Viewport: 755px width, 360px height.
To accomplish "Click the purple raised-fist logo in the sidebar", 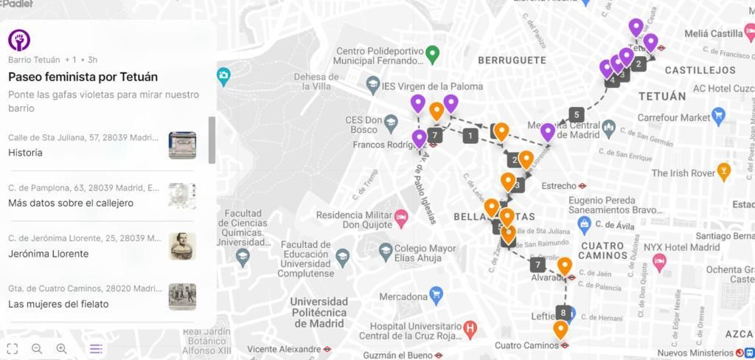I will click(19, 40).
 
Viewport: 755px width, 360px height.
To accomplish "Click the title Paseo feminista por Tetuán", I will click(83, 77).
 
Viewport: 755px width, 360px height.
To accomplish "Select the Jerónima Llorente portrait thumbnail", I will click(182, 246).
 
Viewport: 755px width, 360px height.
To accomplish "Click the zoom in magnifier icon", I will click(62, 348).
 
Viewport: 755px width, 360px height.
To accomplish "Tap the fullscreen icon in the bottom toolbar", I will click(12, 348).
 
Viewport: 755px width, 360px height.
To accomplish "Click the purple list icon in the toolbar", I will click(96, 348).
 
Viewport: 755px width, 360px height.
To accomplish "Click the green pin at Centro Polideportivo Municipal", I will click(434, 53).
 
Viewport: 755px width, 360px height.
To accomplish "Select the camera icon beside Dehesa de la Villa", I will click(223, 75).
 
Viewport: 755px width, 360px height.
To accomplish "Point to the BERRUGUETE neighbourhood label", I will click(512, 60).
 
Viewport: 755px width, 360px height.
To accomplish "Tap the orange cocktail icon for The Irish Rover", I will click(724, 171).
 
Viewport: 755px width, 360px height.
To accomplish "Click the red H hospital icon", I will click(469, 327).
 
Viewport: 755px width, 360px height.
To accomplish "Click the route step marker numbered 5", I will click(577, 114).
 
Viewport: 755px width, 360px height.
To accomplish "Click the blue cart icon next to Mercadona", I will click(436, 296).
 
